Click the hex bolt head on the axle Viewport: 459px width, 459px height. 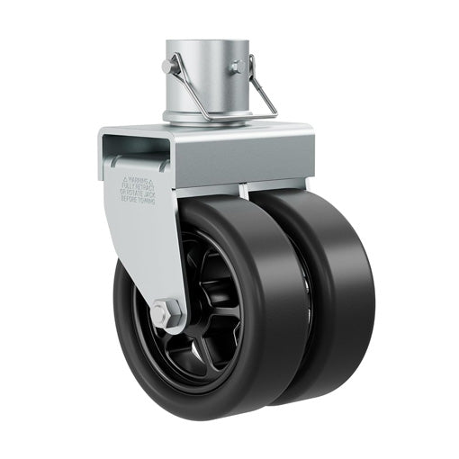(x=166, y=312)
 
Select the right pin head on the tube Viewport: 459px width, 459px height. (x=237, y=67)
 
